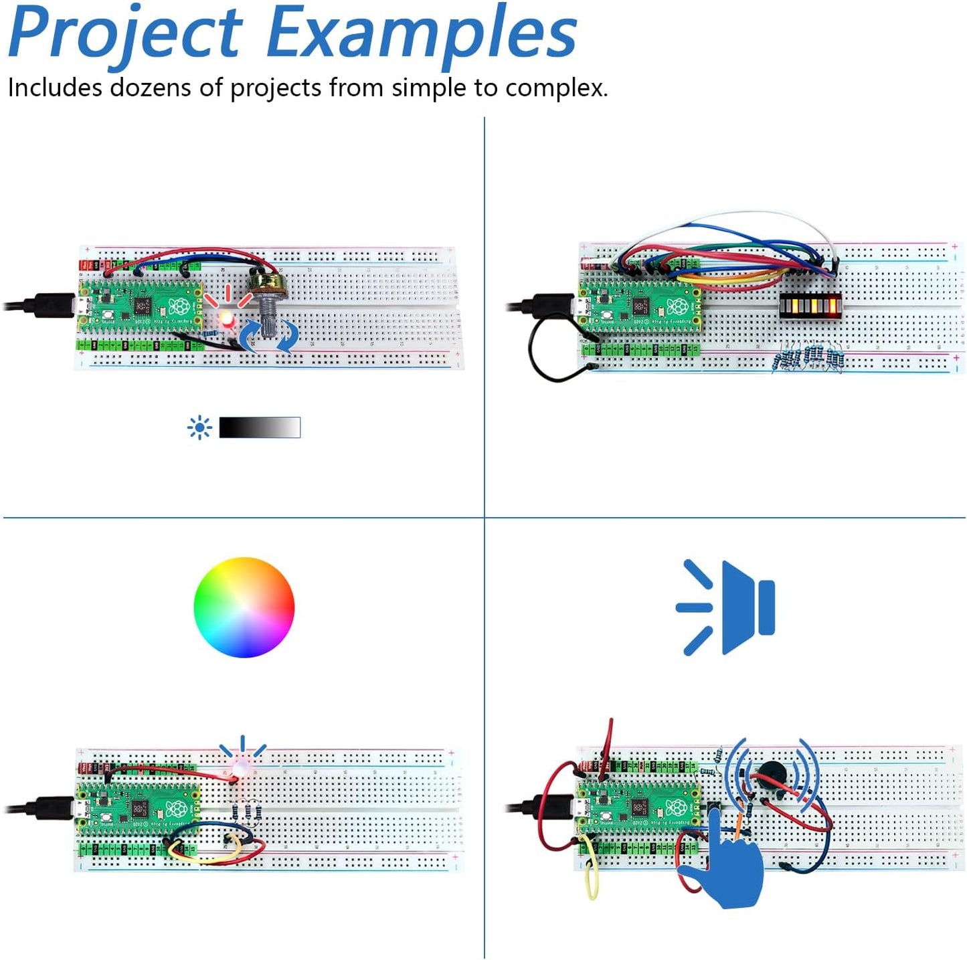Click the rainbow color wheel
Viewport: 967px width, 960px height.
(x=244, y=607)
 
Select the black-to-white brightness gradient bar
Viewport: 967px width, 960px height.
(x=260, y=427)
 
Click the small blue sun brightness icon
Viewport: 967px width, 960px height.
(x=199, y=427)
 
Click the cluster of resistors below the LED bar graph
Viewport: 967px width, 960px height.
(x=808, y=357)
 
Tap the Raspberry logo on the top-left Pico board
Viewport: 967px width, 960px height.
(x=179, y=306)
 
